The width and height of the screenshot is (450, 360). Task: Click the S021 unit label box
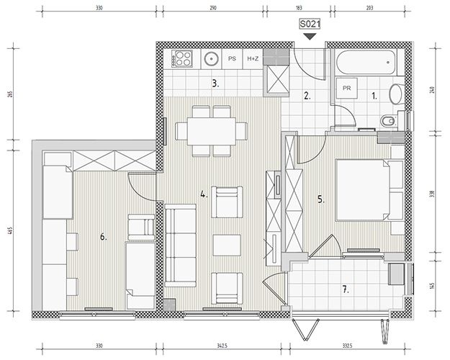pos(310,24)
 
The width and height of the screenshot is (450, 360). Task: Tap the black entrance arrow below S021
pos(310,37)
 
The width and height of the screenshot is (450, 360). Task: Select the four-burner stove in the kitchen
pos(181,59)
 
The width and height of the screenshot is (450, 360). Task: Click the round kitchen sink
pos(212,59)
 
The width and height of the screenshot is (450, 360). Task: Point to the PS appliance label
pos(232,58)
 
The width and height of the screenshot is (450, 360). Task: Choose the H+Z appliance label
pos(253,58)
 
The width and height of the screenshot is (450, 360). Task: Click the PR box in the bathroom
pos(347,88)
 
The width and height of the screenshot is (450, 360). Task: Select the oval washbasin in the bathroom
pos(396,94)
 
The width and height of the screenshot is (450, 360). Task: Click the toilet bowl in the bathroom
pos(388,121)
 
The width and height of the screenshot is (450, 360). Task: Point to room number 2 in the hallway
pos(307,96)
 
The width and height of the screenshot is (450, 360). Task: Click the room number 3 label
pos(215,84)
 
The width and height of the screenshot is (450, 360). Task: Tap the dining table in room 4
pos(212,131)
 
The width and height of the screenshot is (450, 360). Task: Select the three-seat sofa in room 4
pos(181,246)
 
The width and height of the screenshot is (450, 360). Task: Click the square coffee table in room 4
pos(227,246)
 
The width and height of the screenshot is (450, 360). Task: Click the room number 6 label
pos(103,237)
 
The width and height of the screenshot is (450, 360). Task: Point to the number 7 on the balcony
pos(346,289)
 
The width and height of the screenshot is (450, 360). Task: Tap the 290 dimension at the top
pos(213,8)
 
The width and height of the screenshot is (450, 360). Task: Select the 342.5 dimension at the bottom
pos(222,346)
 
